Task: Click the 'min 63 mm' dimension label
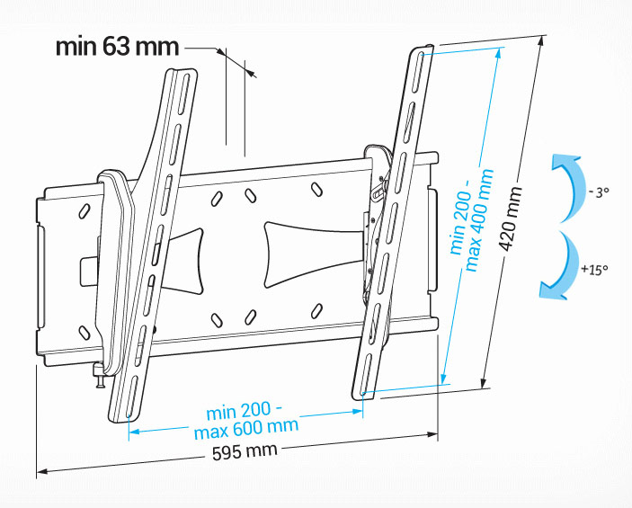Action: click(117, 47)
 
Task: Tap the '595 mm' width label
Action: click(245, 450)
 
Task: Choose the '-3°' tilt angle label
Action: click(599, 192)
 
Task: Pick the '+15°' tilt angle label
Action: click(594, 269)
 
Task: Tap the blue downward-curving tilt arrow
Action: click(559, 266)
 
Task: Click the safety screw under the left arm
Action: click(100, 377)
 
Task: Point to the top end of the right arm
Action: click(423, 49)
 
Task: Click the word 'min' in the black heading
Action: click(76, 47)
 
